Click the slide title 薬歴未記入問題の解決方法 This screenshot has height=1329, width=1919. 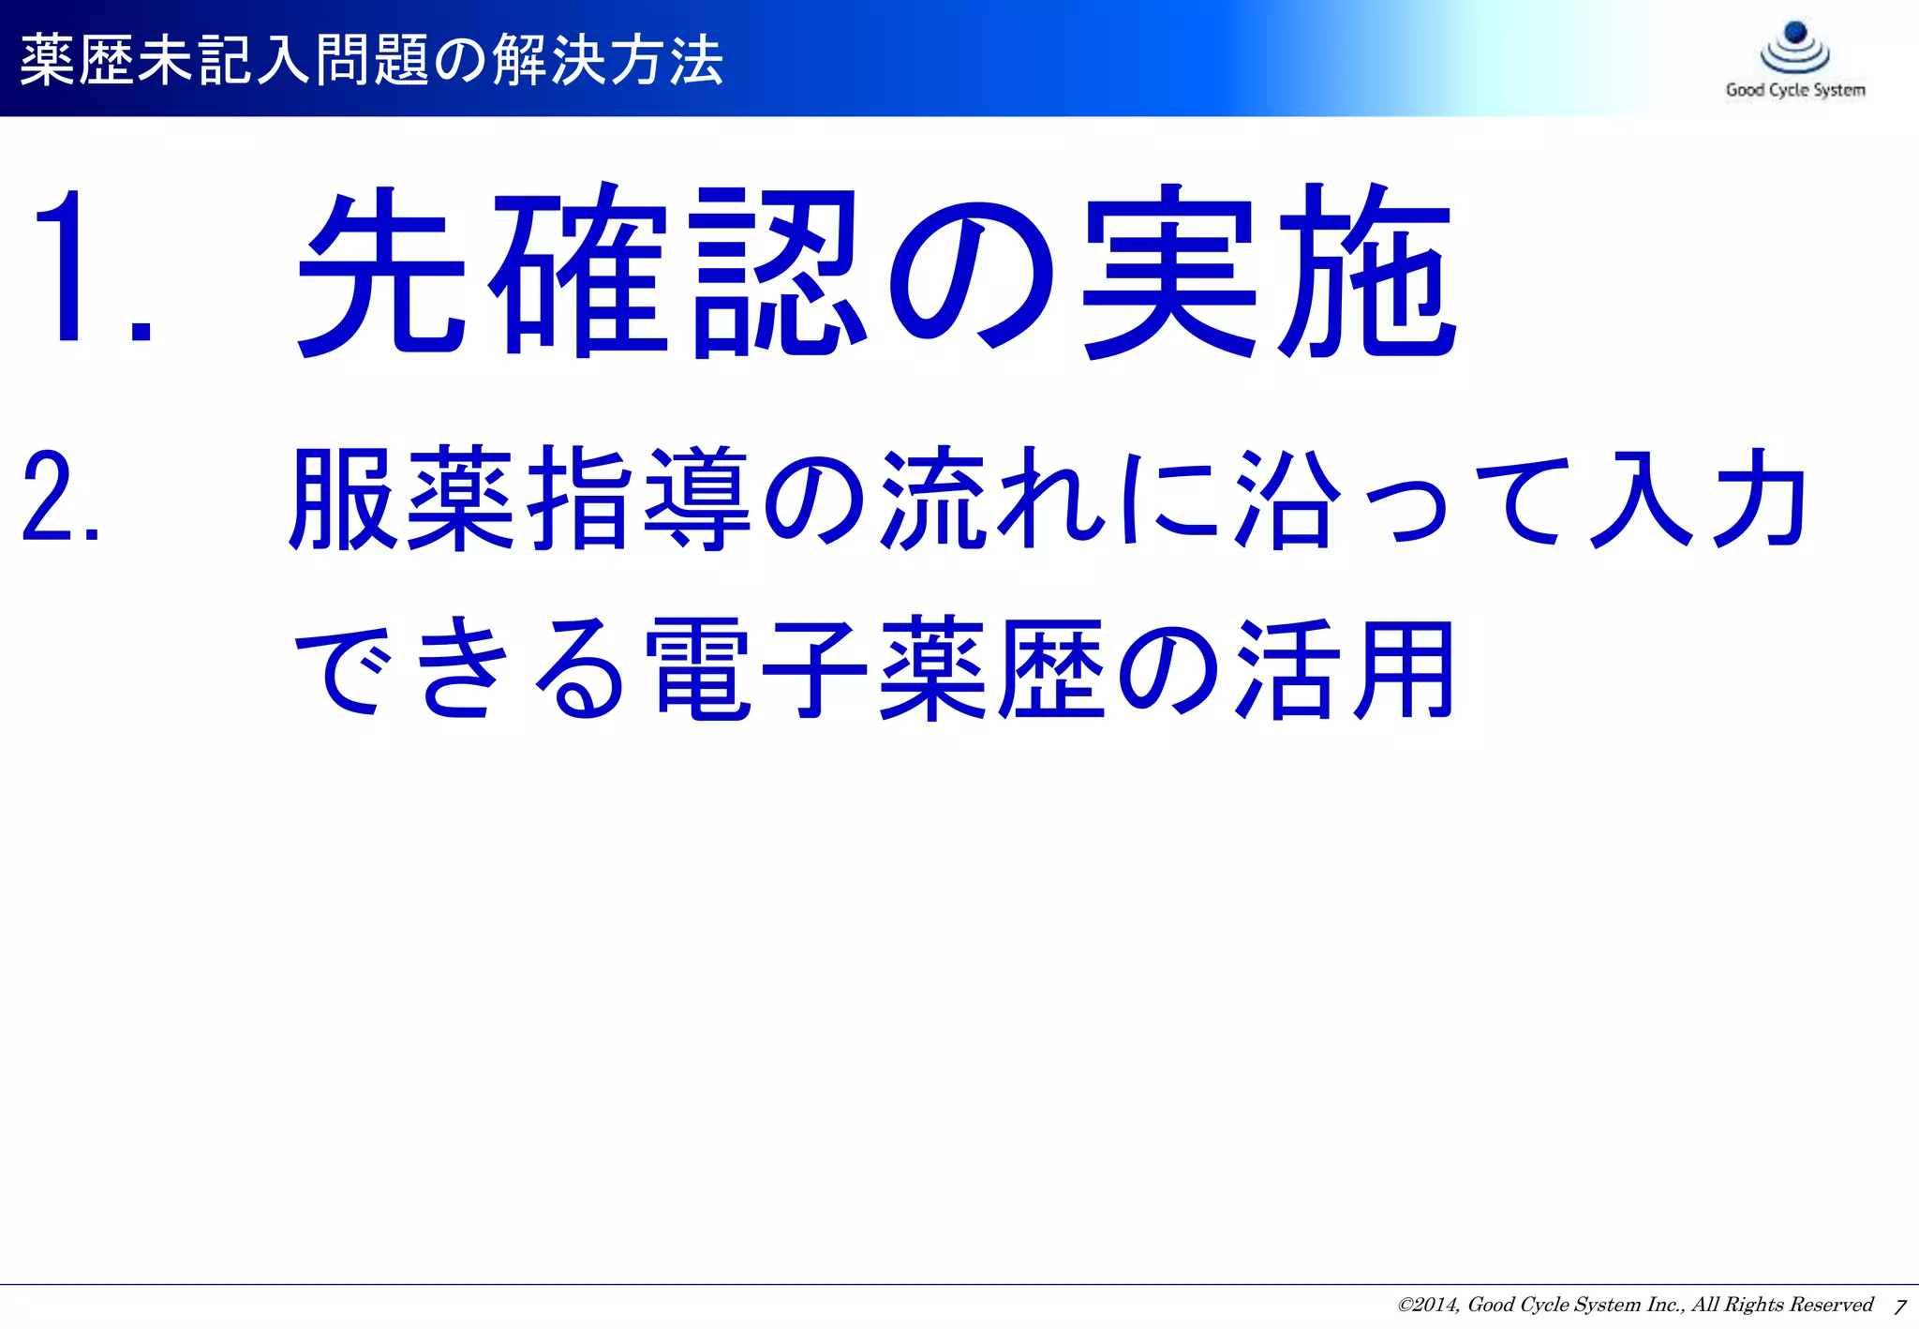pyautogui.click(x=371, y=60)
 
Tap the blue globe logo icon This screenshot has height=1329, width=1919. pyautogui.click(x=1795, y=47)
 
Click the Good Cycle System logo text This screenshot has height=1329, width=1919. pyautogui.click(x=1795, y=90)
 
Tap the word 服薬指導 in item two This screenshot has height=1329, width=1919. pyautogui.click(x=520, y=498)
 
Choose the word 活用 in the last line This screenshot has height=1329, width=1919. pyautogui.click(x=1346, y=667)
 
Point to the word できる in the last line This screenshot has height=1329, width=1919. pyautogui.click(x=459, y=667)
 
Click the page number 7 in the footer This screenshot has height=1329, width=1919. pyautogui.click(x=1899, y=1307)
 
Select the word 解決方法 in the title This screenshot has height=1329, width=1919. pyautogui.click(x=608, y=60)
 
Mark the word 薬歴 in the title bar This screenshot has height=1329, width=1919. pyautogui.click(x=78, y=60)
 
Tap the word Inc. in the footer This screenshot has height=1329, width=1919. pyautogui.click(x=1665, y=1305)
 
